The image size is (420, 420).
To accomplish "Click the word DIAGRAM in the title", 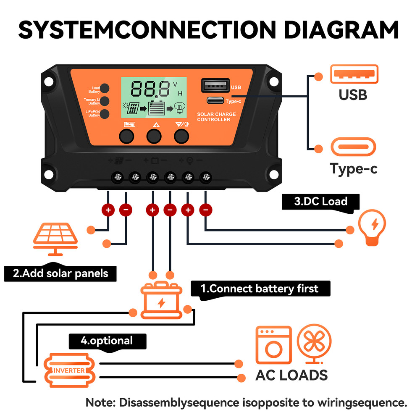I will (x=341, y=29).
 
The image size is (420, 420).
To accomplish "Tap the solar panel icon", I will (x=55, y=239).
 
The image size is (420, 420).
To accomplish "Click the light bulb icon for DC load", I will (x=372, y=227).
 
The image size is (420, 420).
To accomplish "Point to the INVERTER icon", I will (x=70, y=370).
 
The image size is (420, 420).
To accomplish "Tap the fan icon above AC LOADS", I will (x=314, y=343).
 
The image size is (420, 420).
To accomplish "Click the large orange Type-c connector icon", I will (x=353, y=147).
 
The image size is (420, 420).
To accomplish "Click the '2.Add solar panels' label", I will (x=60, y=273).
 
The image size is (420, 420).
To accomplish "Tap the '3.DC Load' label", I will (x=321, y=201).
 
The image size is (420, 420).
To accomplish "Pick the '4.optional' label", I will (x=107, y=340).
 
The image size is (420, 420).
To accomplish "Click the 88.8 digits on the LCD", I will (x=151, y=89).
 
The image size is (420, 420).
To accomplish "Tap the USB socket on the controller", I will (x=215, y=85).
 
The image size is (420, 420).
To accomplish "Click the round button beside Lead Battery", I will (x=105, y=88).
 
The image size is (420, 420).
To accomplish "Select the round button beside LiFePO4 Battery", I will (x=105, y=113).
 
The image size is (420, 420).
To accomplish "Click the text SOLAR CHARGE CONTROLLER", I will (x=216, y=117).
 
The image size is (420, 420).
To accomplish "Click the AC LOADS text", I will (x=291, y=375).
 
